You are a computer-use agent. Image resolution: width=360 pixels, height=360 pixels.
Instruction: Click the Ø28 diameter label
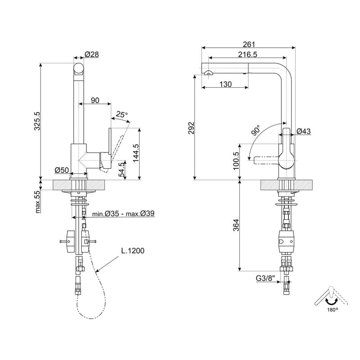pos(92,54)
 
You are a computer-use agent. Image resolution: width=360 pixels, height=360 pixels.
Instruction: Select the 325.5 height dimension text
pos(37,121)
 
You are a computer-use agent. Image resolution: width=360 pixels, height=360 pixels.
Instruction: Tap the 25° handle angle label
pos(121,114)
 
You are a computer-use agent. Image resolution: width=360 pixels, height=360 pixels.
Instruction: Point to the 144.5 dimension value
pos(136,153)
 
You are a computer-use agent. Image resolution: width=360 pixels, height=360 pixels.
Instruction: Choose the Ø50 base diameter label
pos(62,170)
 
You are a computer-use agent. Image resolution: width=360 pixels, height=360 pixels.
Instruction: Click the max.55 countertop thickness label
pos(37,202)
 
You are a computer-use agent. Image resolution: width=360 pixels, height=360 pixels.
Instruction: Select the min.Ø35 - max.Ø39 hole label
pos(123,214)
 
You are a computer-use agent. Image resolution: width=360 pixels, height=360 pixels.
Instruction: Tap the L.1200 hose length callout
pos(133,251)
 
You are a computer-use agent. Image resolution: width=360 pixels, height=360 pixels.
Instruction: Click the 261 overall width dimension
pos(249,44)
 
